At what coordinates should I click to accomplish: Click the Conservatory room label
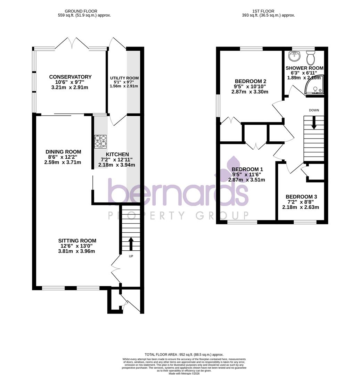(x=70, y=77)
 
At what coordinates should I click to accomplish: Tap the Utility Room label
(x=124, y=78)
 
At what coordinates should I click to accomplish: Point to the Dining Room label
(x=63, y=152)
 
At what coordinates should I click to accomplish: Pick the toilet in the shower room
(x=310, y=58)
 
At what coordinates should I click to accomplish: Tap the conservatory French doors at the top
(x=72, y=44)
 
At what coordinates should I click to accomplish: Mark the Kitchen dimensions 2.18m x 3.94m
(x=116, y=165)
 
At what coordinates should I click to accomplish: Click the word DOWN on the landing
(x=314, y=110)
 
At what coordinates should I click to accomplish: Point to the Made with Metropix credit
(x=186, y=373)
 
